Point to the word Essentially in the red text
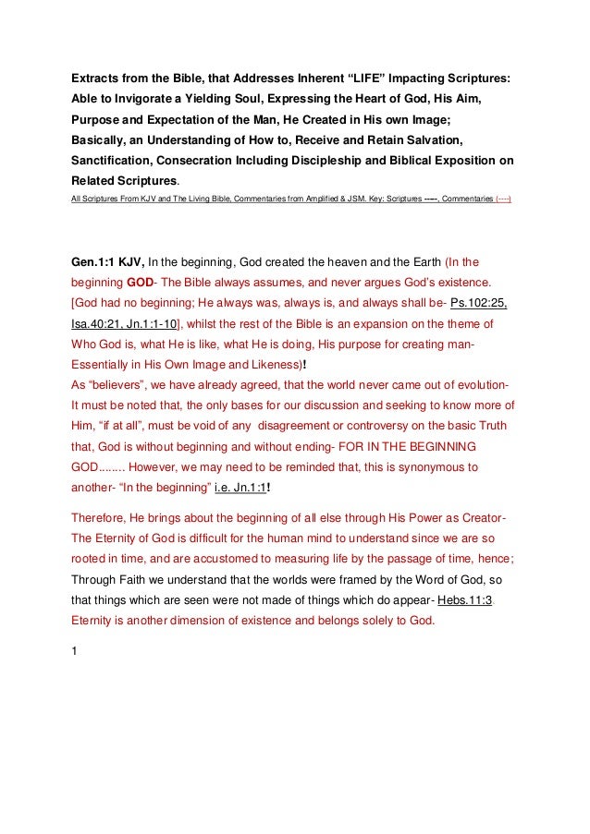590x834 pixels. click(104, 364)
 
